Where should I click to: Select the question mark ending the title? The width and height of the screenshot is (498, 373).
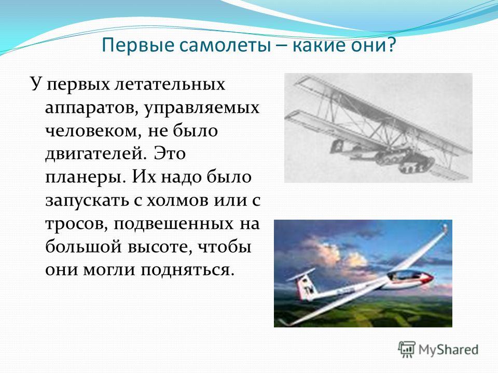(391, 45)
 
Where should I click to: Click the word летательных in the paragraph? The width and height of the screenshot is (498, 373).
(170, 84)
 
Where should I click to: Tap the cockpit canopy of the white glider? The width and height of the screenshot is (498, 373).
(404, 275)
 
